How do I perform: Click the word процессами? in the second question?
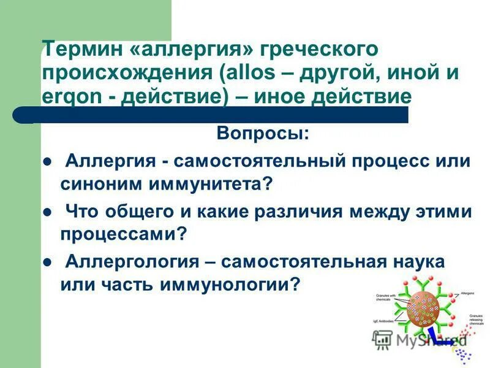pyautogui.click(x=123, y=234)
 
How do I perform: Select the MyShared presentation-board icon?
pyautogui.click(x=383, y=338)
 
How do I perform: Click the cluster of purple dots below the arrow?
pyautogui.click(x=465, y=354)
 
